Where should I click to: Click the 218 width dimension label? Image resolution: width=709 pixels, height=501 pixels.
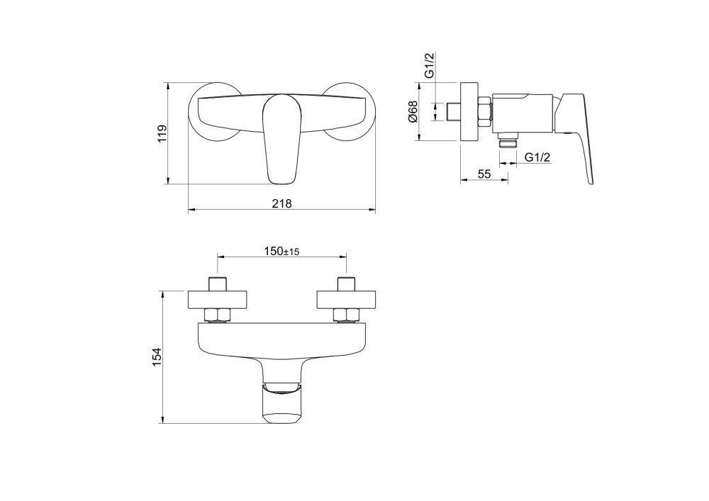point(282,204)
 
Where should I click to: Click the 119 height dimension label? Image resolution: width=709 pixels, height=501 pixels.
point(162,134)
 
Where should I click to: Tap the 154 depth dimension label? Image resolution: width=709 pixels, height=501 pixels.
point(156,357)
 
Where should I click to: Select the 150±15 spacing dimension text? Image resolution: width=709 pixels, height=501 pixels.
point(281,251)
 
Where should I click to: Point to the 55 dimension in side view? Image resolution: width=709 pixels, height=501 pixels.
point(484,174)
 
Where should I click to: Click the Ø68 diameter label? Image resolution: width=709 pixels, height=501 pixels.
point(413,111)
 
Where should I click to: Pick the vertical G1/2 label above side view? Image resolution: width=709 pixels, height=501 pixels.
point(430,66)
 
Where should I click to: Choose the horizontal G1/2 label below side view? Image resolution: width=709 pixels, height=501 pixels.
point(537,157)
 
